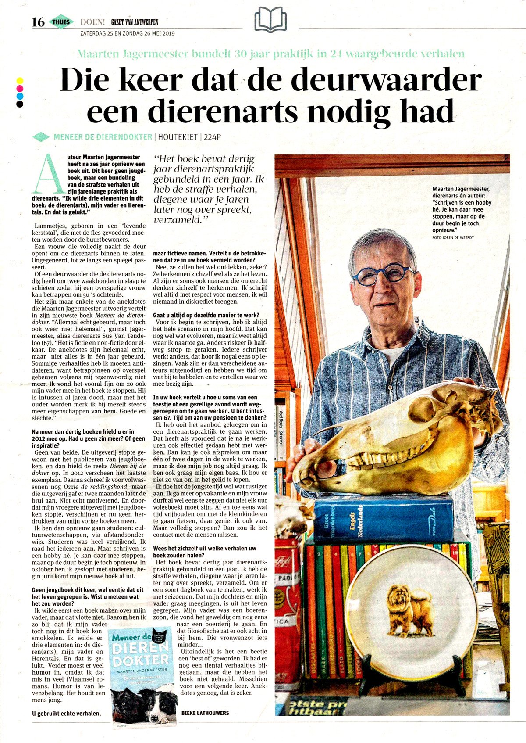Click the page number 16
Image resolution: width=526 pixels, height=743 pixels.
tap(38, 22)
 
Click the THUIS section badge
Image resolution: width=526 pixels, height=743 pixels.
tap(61, 22)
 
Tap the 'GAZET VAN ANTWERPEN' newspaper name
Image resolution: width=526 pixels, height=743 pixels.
tap(135, 22)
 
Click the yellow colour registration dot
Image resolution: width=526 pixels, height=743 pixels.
tap(19, 81)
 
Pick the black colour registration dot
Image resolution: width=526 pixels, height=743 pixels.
tap(19, 104)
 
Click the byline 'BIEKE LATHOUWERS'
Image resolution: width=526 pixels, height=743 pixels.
tap(205, 713)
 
